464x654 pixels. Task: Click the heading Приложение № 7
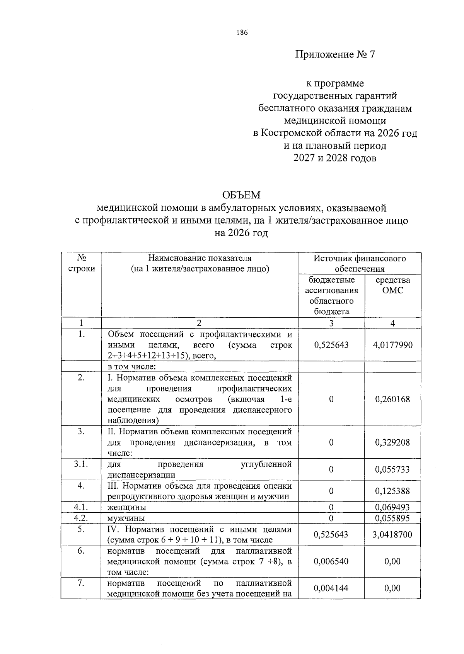(335, 54)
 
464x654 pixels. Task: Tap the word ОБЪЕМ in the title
(241, 195)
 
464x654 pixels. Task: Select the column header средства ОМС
(392, 285)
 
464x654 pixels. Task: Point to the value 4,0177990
(392, 345)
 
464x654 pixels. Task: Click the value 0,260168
(392, 399)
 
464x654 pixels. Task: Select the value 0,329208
(392, 442)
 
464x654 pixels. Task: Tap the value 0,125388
(392, 491)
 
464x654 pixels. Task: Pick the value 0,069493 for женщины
(392, 507)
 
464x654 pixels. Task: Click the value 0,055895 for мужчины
(392, 518)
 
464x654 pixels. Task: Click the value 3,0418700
(392, 534)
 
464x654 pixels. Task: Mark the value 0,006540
(331, 561)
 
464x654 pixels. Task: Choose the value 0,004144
(331, 588)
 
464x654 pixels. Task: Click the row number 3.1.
(81, 464)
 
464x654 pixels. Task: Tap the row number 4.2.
(81, 518)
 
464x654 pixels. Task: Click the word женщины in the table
(127, 507)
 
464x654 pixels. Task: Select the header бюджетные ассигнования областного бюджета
(331, 295)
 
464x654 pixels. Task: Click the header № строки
(81, 263)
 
